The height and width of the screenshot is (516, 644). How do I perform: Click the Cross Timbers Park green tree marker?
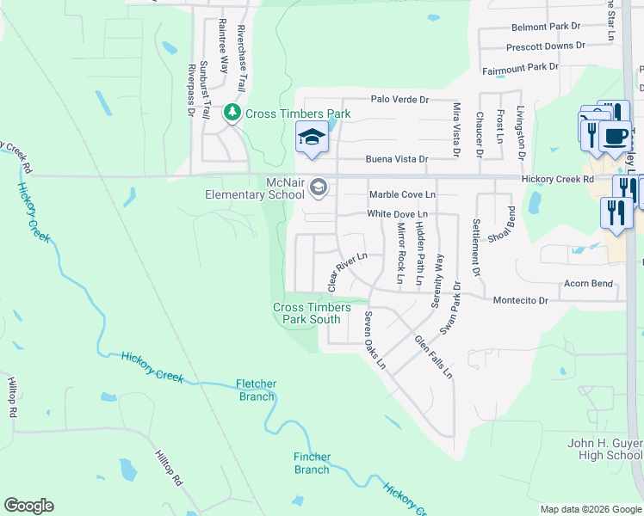(x=232, y=113)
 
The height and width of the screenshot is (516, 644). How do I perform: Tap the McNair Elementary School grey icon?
(x=319, y=187)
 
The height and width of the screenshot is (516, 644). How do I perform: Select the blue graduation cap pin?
(x=312, y=138)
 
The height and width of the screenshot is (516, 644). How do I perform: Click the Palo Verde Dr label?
(x=399, y=100)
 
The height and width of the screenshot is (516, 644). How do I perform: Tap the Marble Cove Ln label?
(x=402, y=195)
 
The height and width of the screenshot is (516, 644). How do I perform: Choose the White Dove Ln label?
(x=397, y=213)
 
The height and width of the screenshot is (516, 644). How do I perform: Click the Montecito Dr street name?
(x=520, y=300)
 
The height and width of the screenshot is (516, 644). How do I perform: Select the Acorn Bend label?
(x=588, y=284)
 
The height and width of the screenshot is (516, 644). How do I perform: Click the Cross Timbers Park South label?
(x=312, y=313)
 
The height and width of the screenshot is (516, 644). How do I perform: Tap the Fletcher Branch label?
(x=257, y=390)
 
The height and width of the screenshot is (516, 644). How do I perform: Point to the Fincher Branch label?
(x=312, y=463)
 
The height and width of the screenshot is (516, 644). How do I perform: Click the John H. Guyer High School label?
(x=604, y=449)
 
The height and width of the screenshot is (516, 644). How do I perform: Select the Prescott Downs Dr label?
(x=546, y=46)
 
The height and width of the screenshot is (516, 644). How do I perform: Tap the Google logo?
(x=28, y=506)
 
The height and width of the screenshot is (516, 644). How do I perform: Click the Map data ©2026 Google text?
(x=591, y=509)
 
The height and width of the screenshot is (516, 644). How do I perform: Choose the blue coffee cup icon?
(x=615, y=135)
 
